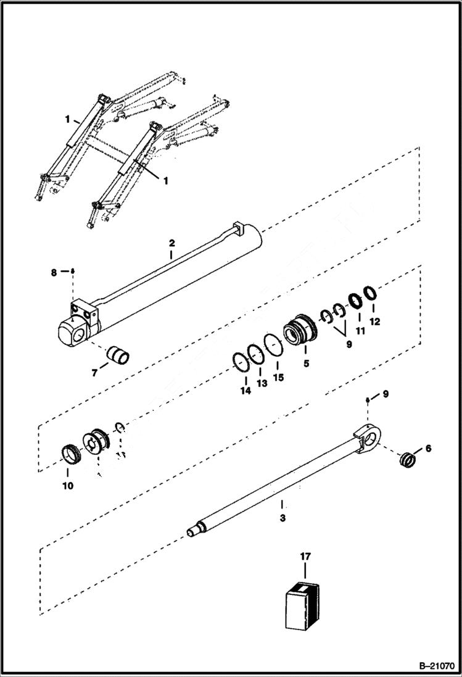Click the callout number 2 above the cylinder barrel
(x=172, y=245)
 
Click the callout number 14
(x=245, y=391)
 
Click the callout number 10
(x=67, y=486)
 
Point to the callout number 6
(x=428, y=449)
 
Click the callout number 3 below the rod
(x=283, y=518)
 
